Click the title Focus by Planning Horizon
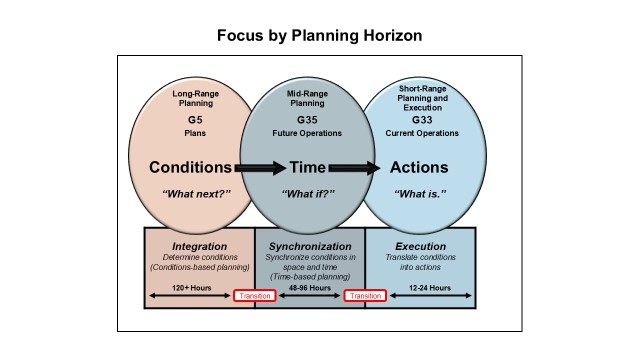coord(319,36)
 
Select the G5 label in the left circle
coord(195,117)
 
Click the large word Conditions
coord(191,167)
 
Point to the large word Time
coord(308,167)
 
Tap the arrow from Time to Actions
coord(354,167)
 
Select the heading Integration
coord(199,245)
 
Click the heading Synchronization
coord(309,245)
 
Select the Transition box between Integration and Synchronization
coord(254,296)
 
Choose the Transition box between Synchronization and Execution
coord(365,296)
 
